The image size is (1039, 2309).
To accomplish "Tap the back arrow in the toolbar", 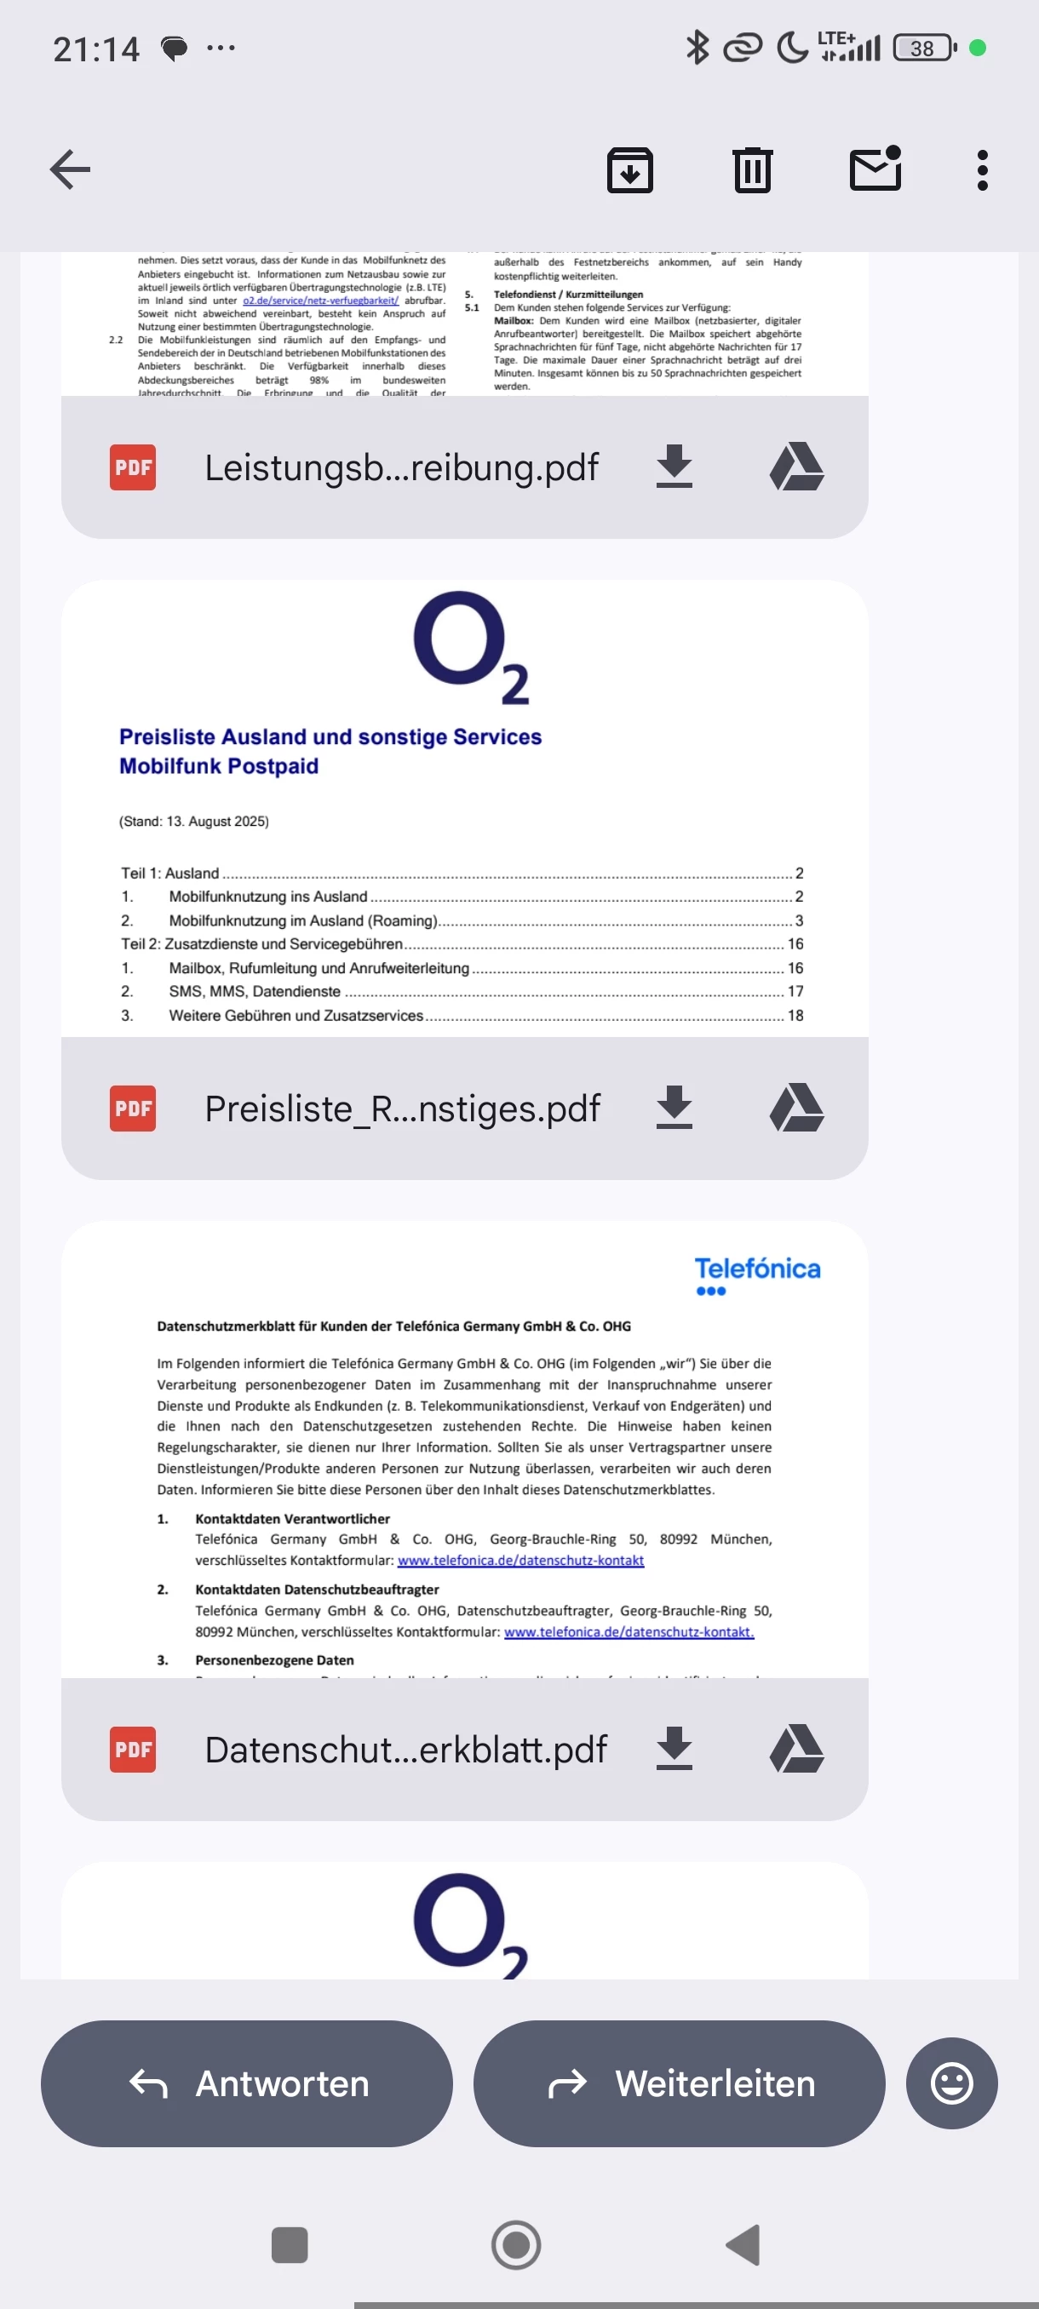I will point(70,169).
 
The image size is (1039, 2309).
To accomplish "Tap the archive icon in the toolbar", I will point(629,169).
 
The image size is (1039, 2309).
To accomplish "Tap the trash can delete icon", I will point(751,169).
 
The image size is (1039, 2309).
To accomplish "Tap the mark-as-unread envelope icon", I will point(875,169).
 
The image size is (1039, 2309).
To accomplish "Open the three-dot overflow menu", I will point(982,169).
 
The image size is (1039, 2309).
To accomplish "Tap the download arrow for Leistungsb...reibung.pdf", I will point(674,467).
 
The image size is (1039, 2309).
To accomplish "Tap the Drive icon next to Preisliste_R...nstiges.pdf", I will point(796,1108).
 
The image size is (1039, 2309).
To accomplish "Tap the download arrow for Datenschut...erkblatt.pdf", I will point(674,1749).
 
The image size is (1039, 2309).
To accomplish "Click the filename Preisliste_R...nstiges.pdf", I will point(402,1109).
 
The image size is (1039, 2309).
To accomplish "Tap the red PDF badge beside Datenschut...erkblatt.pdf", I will point(133,1750).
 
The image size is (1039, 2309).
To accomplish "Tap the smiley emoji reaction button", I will point(951,2083).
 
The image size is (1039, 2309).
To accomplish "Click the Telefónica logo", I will point(756,1275).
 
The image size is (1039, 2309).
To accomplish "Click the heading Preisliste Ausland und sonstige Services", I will point(330,736).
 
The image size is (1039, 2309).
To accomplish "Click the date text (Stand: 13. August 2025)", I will point(193,821).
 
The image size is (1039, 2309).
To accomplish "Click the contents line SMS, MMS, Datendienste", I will point(255,991).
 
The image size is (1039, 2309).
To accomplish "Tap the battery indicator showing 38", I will point(923,48).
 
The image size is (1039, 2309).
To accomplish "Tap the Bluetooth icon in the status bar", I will point(697,48).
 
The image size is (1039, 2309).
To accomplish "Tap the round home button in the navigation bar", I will point(515,2244).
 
